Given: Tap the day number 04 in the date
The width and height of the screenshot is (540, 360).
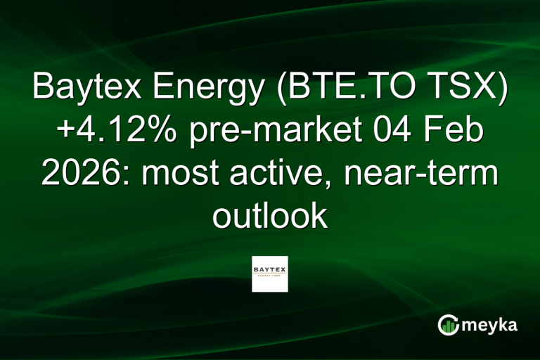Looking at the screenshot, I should pos(390,133).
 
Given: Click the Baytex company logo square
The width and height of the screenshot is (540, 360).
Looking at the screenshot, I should pos(270,274).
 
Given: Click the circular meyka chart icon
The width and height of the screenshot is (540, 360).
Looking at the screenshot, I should pos(448,325).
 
